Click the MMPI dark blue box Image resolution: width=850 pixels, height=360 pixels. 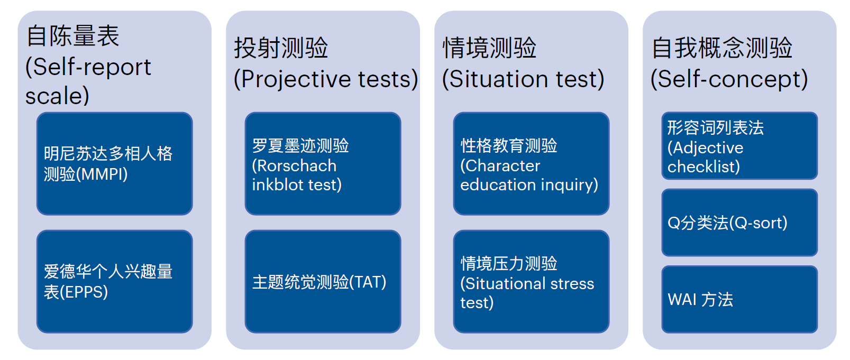point(115,163)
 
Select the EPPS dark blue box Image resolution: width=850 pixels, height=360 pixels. point(115,281)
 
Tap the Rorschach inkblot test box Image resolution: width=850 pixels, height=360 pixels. point(323,163)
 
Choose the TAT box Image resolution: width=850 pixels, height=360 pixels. point(323,281)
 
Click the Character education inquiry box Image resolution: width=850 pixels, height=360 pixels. point(531,163)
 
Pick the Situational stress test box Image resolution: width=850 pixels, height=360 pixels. point(531,281)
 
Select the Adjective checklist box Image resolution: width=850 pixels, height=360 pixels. point(739,146)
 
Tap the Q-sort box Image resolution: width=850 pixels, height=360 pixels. point(739,223)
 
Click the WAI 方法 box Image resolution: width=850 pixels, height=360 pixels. point(739,299)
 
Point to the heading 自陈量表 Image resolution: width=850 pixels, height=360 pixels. point(73,36)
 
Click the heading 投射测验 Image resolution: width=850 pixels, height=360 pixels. point(281,48)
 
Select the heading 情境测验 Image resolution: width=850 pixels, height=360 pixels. point(489,48)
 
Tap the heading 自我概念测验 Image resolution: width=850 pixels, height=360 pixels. point(722,48)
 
